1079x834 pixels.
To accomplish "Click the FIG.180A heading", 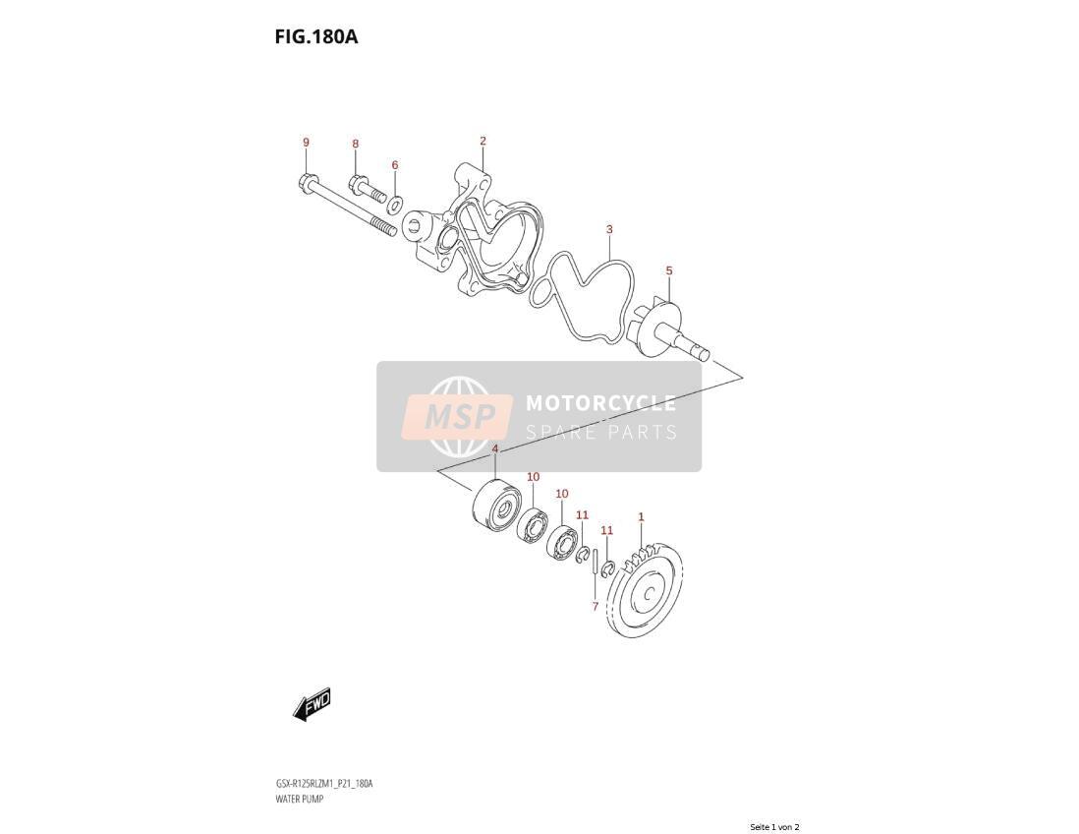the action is (316, 36).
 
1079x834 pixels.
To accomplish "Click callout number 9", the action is (307, 143).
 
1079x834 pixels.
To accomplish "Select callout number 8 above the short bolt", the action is (356, 144).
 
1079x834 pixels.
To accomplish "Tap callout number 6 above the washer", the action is (395, 165).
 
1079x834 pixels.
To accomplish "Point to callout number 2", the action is (483, 142).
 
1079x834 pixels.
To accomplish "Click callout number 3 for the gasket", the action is (609, 229).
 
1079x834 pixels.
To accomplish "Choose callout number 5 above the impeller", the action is (669, 271).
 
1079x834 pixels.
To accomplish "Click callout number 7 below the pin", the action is (596, 607).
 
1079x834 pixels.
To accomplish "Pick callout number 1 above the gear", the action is (641, 516).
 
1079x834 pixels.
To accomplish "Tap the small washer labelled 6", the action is (396, 204).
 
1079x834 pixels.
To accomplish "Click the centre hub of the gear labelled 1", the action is (647, 593).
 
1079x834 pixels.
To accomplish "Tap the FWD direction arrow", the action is (312, 704).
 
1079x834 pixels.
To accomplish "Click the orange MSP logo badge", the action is (458, 417).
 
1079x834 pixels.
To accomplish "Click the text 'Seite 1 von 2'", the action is (774, 826).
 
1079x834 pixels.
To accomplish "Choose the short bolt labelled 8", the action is (368, 189).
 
